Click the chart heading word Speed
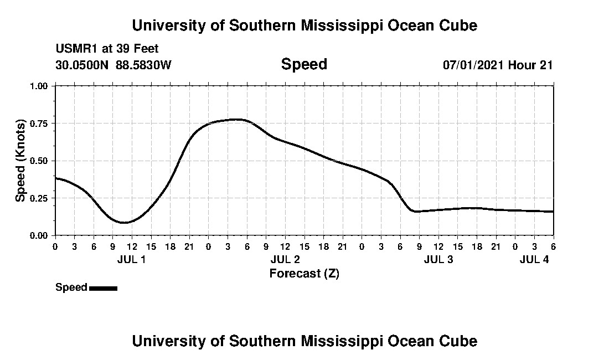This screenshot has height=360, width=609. click(x=304, y=64)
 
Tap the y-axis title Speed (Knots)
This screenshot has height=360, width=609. click(x=20, y=160)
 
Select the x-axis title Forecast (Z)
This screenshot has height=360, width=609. click(x=304, y=274)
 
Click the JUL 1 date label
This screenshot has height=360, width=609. click(x=132, y=259)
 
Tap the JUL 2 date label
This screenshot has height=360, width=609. click(x=285, y=259)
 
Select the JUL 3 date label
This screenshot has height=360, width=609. click(x=438, y=259)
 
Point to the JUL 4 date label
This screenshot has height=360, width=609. click(x=534, y=259)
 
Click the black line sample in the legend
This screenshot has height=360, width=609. click(x=103, y=288)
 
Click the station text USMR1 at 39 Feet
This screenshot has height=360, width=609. click(x=107, y=49)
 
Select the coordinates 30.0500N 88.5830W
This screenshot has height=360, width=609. click(x=113, y=65)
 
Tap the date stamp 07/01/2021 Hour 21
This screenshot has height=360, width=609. click(x=498, y=65)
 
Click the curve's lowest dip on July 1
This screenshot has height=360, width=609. click(x=124, y=223)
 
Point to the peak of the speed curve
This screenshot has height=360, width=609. click(x=237, y=119)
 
